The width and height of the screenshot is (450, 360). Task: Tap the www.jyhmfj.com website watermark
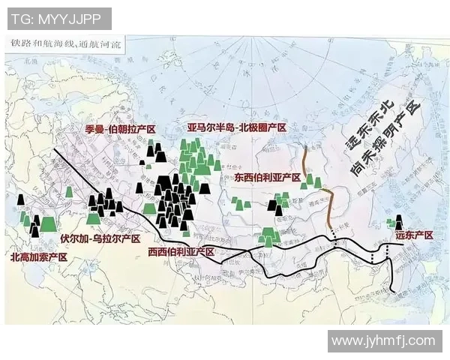tap(382, 340)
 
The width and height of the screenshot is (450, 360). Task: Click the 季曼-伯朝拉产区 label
tap(120, 130)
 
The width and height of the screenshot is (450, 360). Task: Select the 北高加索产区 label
tap(39, 256)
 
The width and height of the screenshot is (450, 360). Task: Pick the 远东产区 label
tap(415, 235)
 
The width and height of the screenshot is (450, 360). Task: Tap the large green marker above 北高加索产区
tap(49, 223)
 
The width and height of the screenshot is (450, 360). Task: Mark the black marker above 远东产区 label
tap(399, 222)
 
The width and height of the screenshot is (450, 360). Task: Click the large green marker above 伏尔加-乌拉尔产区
tap(93, 218)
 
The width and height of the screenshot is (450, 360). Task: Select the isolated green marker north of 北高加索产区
tap(69, 192)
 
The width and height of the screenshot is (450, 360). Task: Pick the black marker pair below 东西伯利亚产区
tap(278, 210)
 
